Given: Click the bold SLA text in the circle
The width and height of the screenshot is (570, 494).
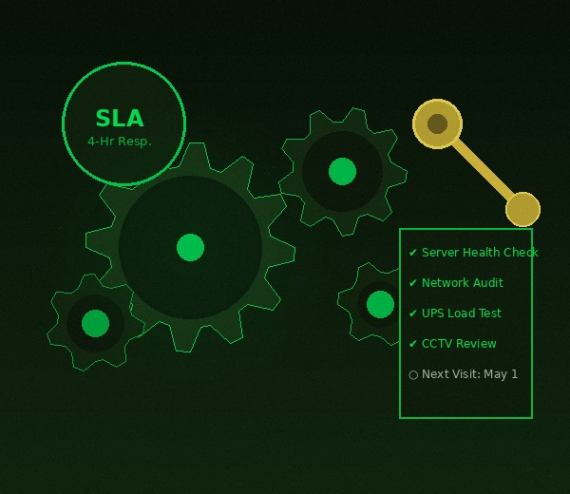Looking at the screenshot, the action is pos(120,118).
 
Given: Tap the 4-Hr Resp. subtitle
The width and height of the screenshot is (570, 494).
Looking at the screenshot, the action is pos(120,141).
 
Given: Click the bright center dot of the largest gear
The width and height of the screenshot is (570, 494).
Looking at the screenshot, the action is pos(190,247).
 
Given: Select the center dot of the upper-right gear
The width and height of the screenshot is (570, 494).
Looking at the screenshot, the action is pos(342,171).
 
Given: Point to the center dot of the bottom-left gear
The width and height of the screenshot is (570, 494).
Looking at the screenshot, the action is pos(95,323).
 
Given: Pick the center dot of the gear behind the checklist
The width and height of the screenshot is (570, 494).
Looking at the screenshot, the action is pos(380,304).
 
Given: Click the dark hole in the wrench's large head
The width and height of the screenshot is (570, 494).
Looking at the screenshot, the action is pos(437,123).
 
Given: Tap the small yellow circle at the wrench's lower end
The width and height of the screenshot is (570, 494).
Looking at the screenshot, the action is pos(522,209).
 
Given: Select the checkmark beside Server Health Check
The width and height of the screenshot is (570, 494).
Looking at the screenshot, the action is pos(413,253).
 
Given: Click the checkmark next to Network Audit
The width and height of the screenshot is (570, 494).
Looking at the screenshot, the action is pos(413,283).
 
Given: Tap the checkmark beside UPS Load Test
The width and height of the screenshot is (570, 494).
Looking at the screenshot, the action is pos(413,313).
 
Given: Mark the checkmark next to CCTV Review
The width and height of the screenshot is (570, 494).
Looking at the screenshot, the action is pos(413,344).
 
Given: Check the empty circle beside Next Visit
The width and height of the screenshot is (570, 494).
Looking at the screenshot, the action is pos(413,374).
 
